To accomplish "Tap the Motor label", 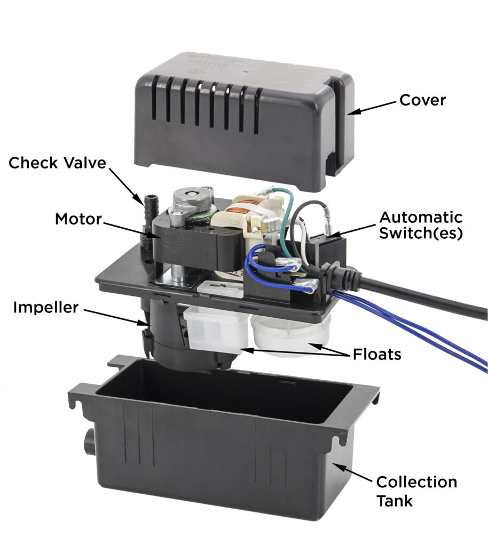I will [78, 219].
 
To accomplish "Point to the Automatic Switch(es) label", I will [420, 226].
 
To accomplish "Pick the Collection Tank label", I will [416, 491].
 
